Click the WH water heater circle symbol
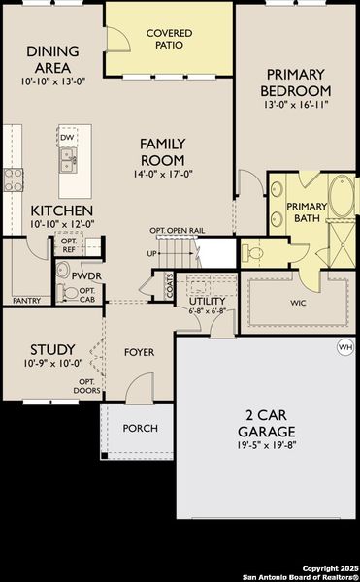pos(344,346)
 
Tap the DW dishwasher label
pos(67,138)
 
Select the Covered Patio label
pos(169,39)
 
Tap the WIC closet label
pos(297,302)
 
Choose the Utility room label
pos(207,301)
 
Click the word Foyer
pos(140,351)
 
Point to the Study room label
pos(46,349)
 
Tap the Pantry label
pos(27,301)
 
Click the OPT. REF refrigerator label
pos(69,246)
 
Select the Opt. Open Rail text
pos(176,230)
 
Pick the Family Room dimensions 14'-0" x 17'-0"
pos(170,176)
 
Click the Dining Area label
pos(46,60)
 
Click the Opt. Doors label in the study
pos(86,385)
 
